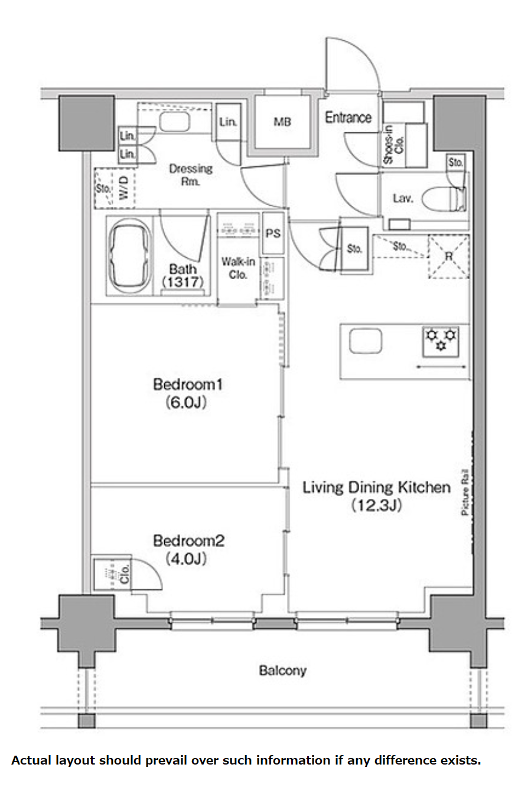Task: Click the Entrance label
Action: click(x=348, y=117)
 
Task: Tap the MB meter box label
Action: click(x=282, y=122)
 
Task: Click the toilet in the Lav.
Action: click(x=444, y=199)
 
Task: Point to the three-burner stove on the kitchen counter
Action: click(x=441, y=341)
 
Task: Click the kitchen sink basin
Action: click(x=366, y=341)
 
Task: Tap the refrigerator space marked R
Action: click(x=448, y=257)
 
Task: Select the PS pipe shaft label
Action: click(x=273, y=234)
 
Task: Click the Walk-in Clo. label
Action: click(x=238, y=268)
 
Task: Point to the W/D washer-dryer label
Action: click(x=123, y=188)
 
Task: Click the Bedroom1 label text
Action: click(x=188, y=384)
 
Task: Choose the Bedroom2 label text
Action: click(x=188, y=540)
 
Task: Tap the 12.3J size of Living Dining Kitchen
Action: click(x=376, y=506)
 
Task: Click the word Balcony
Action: click(x=282, y=671)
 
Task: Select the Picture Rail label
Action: click(x=465, y=492)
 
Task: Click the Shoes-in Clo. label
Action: click(x=393, y=145)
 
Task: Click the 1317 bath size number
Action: click(x=183, y=282)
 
